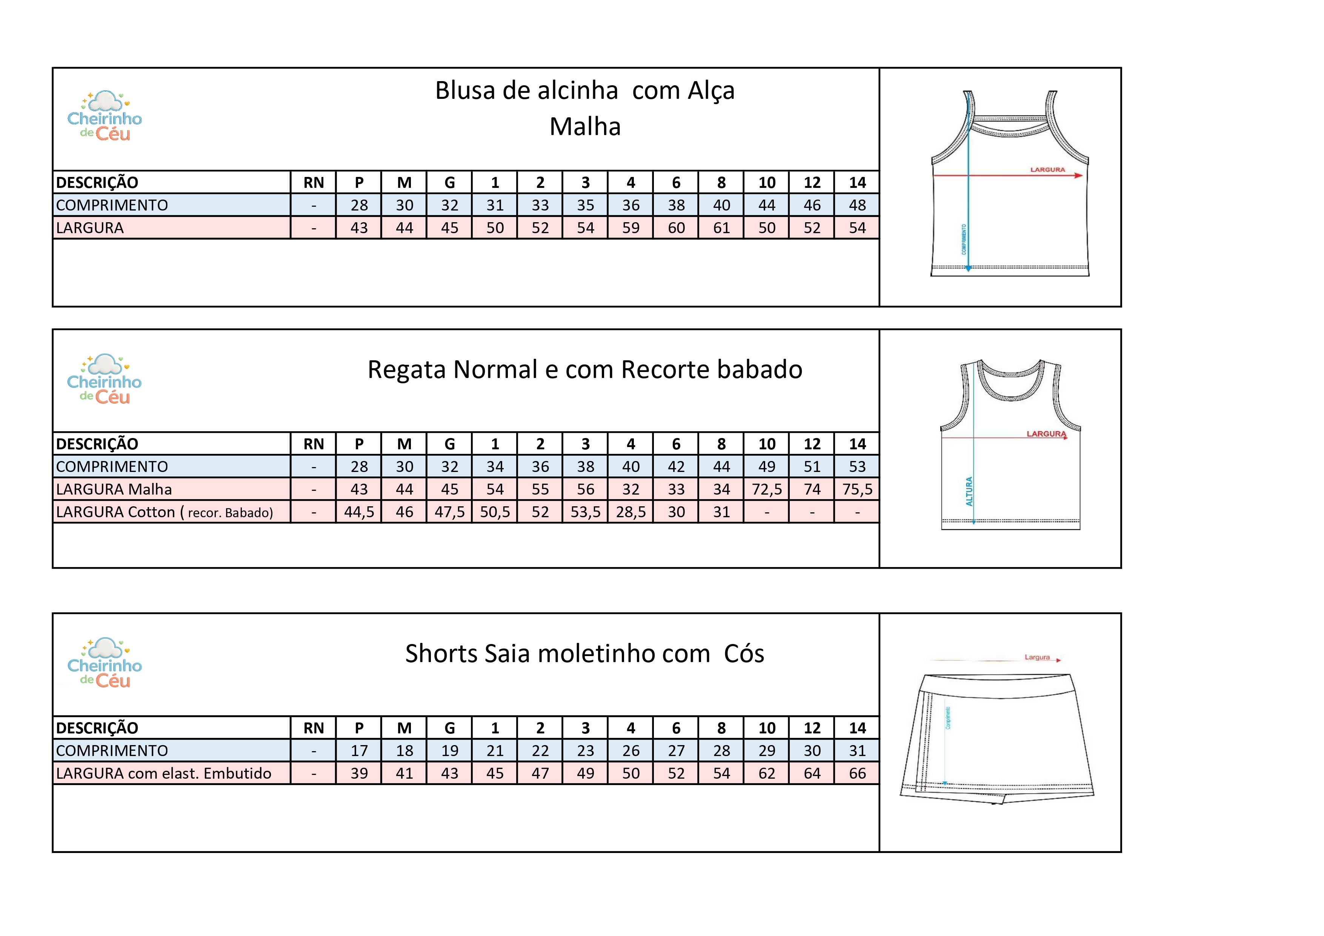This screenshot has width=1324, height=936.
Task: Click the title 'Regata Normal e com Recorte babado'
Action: (x=585, y=370)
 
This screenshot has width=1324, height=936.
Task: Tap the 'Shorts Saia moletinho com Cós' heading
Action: (x=585, y=654)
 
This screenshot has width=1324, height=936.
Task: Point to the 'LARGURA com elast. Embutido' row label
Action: (x=164, y=773)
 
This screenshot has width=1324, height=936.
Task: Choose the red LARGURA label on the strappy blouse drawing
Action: (x=1047, y=169)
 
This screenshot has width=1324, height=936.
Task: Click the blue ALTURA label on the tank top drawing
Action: (x=969, y=491)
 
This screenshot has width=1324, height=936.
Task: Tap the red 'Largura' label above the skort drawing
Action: (x=1037, y=657)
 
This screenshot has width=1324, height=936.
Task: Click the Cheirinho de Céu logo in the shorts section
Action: (x=105, y=664)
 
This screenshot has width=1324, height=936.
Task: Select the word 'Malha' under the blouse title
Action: (x=585, y=127)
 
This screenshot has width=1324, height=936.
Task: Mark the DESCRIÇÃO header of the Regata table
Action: (x=97, y=444)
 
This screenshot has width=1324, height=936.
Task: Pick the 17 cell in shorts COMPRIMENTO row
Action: (x=359, y=751)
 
